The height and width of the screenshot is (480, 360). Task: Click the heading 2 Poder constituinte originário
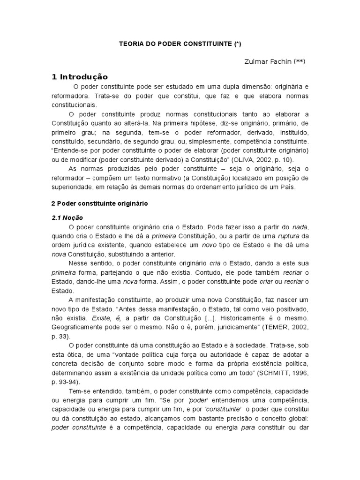coord(99,204)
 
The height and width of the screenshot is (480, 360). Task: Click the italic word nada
coord(300,227)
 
